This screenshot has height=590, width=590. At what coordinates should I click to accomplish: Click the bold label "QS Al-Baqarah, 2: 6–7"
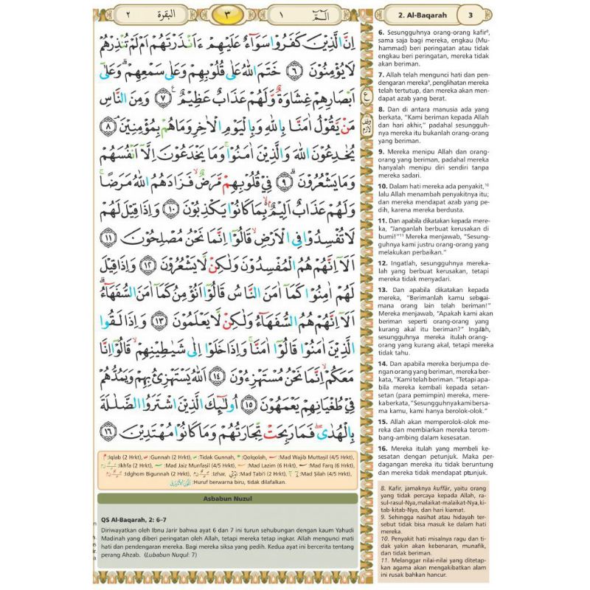(x=147, y=517)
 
